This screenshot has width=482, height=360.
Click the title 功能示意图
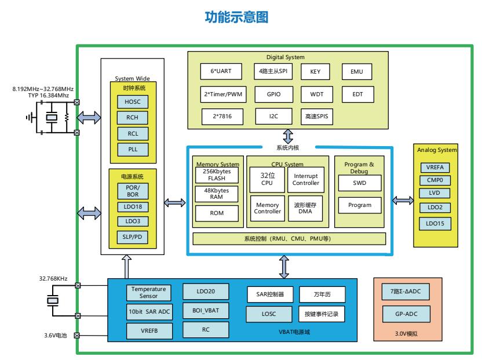coord(237,18)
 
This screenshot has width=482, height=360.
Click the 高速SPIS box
coord(316,116)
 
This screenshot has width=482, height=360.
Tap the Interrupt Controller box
coord(306,180)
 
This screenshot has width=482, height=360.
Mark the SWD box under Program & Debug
coord(359,183)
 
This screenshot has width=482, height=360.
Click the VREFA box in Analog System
coord(434,168)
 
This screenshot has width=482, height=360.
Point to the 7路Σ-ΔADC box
coord(406,292)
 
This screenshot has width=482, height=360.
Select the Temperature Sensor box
coord(148,292)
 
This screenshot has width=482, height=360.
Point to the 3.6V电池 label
coord(56,335)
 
